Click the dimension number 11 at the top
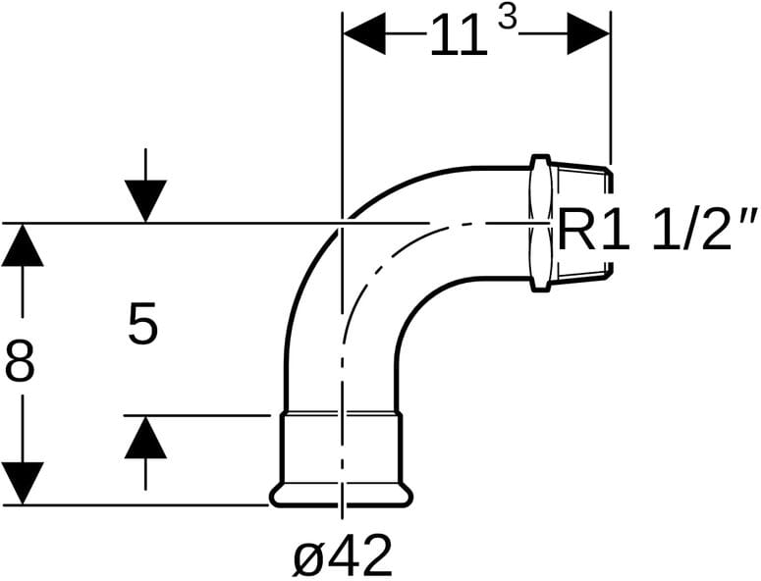click(x=459, y=35)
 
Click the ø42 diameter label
click(x=342, y=555)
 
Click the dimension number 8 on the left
click(x=20, y=361)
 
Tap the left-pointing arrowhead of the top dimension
click(x=364, y=34)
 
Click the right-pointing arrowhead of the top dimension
click(x=588, y=34)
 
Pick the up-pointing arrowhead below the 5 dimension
click(x=145, y=438)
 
